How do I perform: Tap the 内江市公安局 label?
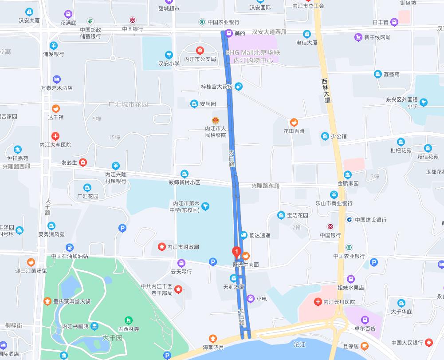pyautogui.click(x=200, y=59)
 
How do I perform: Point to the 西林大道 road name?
pyautogui.click(x=326, y=91)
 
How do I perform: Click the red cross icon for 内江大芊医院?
pyautogui.click(x=55, y=136)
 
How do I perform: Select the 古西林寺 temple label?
pyautogui.click(x=129, y=329)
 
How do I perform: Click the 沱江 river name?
pyautogui.click(x=300, y=344)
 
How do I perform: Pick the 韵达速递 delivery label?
pyautogui.click(x=260, y=235)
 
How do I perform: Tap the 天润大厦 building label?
pyautogui.click(x=234, y=287)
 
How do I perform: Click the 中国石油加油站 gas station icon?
pyautogui.click(x=70, y=248)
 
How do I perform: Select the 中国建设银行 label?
pyautogui.click(x=370, y=220)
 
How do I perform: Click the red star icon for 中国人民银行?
pyautogui.click(x=428, y=342)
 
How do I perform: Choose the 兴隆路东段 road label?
pyautogui.click(x=266, y=186)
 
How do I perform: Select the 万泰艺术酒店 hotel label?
pyautogui.click(x=56, y=88)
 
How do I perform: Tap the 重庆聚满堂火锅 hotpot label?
pyautogui.click(x=71, y=301)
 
